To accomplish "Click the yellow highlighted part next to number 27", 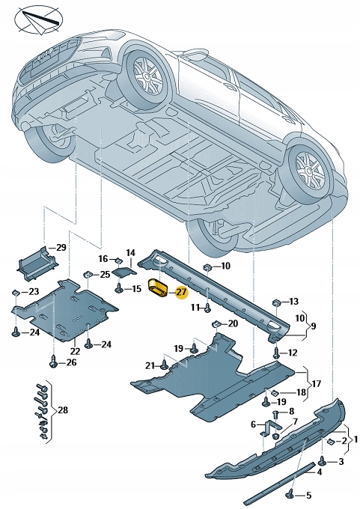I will tap(159, 288).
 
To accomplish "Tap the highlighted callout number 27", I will tap(181, 293).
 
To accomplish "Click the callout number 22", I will tap(75, 351).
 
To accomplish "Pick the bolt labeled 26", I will tap(52, 363).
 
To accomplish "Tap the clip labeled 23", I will tap(15, 291).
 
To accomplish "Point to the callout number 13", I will tap(293, 301).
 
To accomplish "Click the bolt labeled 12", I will tap(276, 352).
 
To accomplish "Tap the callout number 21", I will tap(150, 365).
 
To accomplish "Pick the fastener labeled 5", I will tap(289, 492).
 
